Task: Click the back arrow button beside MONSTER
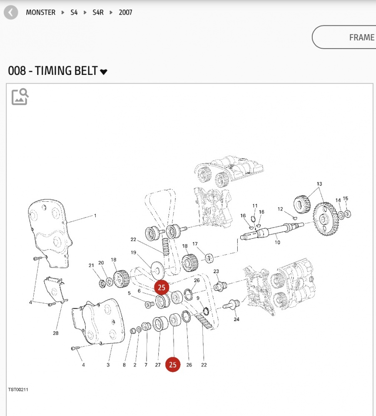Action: [11, 12]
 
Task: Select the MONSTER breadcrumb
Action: [40, 12]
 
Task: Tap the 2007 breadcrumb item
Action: [125, 12]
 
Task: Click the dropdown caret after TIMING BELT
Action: [104, 72]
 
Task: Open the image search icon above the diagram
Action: [20, 97]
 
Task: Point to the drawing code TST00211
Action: [18, 390]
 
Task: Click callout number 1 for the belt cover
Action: [95, 215]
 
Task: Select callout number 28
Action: [56, 333]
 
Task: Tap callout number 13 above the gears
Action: [319, 184]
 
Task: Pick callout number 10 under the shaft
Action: [277, 242]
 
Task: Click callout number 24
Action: [237, 319]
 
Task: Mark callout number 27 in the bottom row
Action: [158, 365]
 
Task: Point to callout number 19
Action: [134, 253]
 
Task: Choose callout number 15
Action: [345, 198]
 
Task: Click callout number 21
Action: [91, 265]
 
